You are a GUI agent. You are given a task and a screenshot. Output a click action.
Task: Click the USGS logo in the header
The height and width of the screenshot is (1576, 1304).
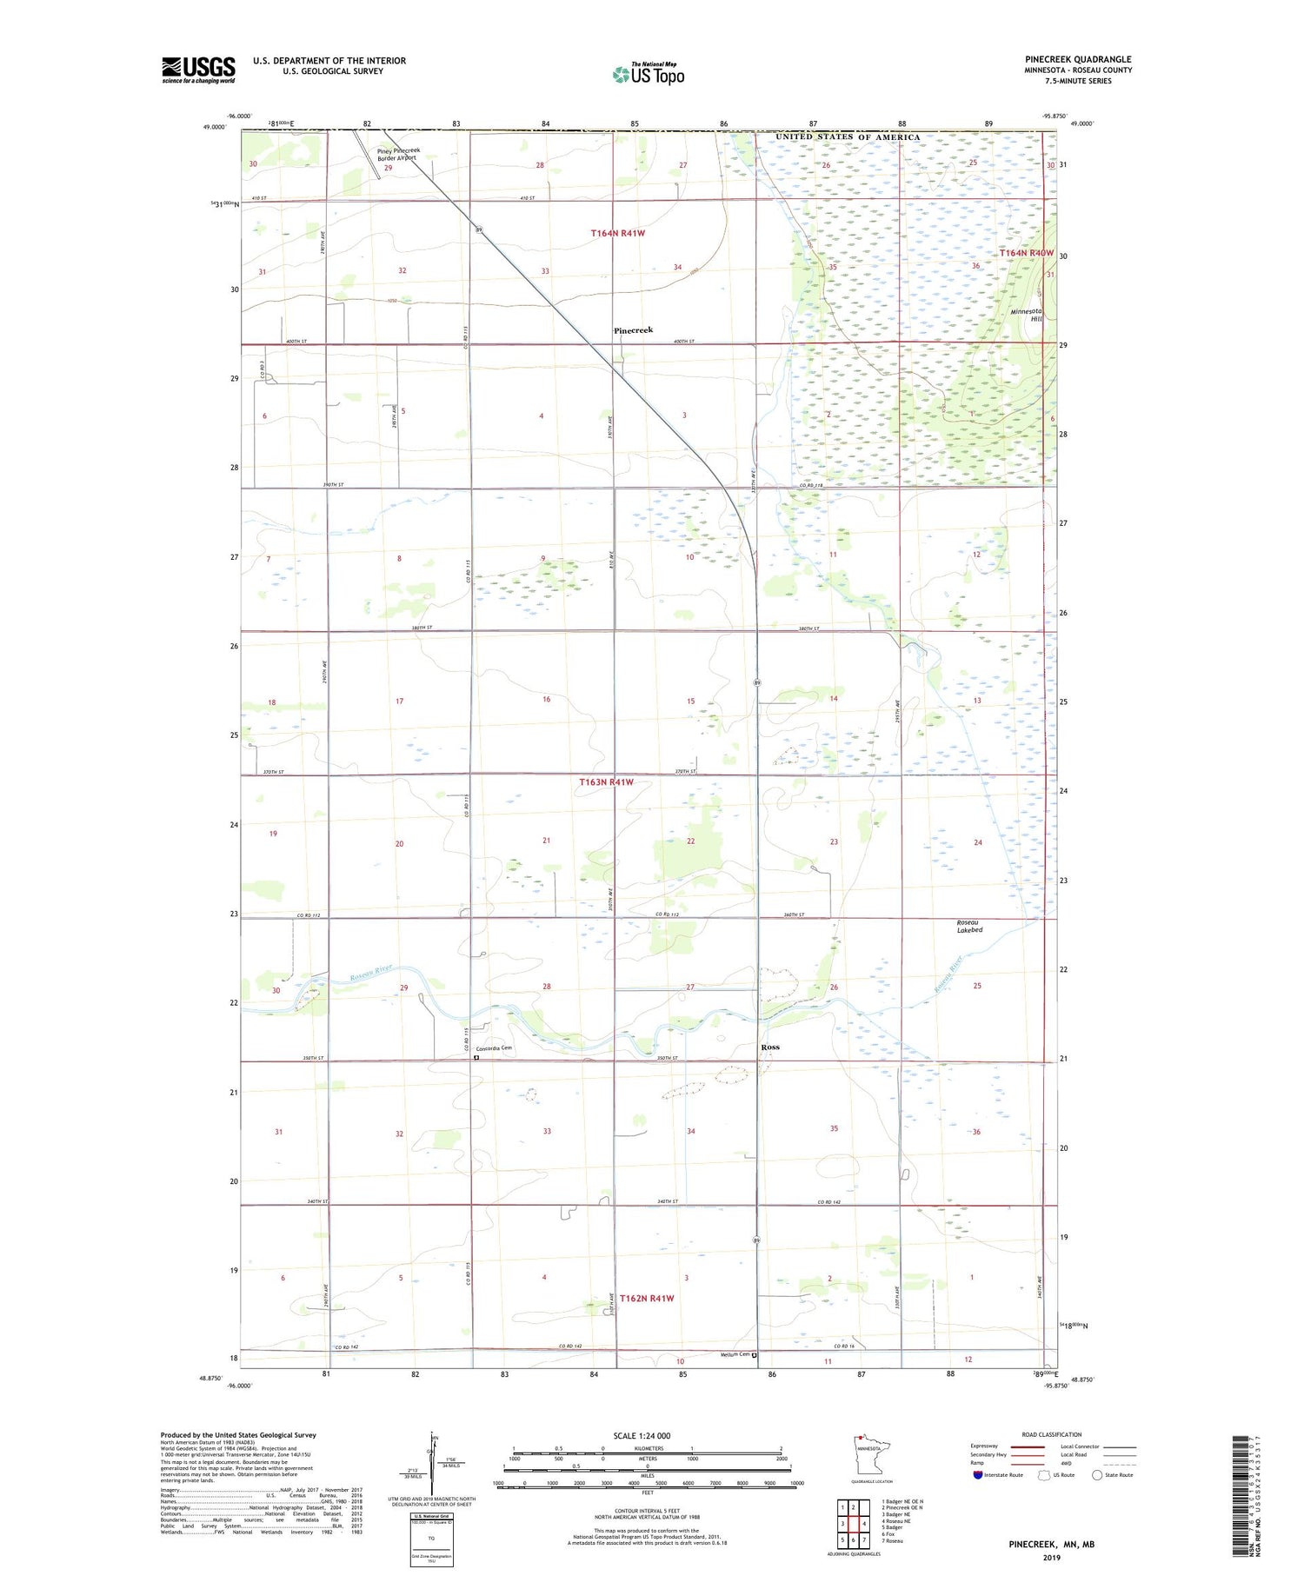pos(198,70)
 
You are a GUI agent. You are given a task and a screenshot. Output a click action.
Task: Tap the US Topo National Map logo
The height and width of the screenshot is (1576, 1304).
pos(649,74)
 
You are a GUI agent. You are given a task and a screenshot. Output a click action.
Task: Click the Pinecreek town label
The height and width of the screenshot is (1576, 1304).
pos(633,330)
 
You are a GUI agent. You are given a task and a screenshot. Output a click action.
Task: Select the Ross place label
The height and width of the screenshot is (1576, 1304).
pos(769,1047)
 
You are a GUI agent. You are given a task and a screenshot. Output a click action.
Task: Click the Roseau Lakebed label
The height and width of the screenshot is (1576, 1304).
pos(969,926)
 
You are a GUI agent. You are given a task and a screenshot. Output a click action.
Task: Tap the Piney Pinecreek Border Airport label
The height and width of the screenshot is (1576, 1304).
pos(398,154)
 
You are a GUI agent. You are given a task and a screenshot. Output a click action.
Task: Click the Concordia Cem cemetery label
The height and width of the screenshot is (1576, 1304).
pos(494,1048)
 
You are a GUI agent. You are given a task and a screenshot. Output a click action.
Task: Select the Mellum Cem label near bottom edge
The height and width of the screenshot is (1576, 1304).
pos(735,1354)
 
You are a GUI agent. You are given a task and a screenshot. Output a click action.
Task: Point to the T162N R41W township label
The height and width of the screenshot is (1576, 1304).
pos(647,1298)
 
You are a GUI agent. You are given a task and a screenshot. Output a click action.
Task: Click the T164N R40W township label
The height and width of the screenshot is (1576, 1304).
pos(1027,253)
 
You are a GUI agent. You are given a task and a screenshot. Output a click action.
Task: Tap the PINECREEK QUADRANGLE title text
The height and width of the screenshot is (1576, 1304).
pos(1078,59)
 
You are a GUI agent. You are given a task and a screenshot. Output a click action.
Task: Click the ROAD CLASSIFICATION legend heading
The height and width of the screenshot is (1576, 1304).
pos(1052,1434)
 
